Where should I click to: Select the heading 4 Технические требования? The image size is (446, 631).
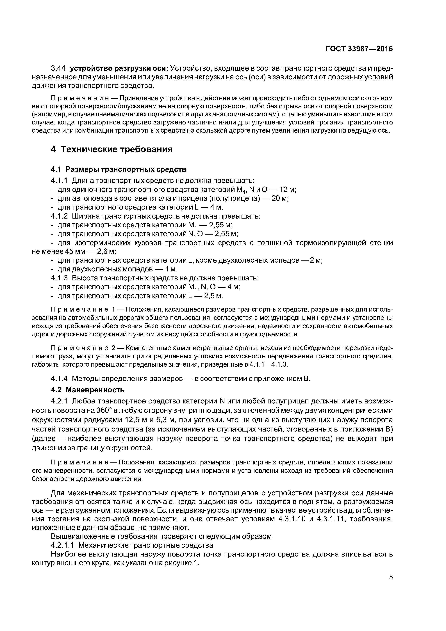click(x=112, y=149)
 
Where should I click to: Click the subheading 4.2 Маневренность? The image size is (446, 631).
click(x=88, y=390)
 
